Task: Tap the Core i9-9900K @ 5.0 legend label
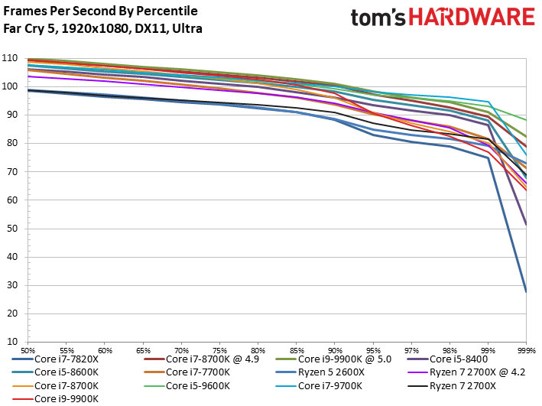346,358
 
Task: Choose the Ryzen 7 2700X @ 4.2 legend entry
474,372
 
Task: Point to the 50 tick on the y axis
11,229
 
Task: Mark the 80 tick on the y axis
11,144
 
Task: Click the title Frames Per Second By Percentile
100,11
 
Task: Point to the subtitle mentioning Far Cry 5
107,29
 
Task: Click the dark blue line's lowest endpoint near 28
526,291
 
